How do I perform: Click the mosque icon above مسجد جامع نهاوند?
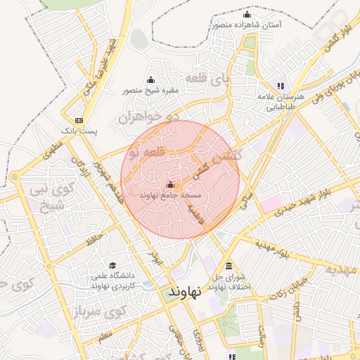(170, 185)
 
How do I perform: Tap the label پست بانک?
(79, 131)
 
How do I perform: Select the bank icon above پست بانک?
(79, 120)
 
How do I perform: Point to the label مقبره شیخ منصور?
(151, 90)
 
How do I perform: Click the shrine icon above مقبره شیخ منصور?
(150, 79)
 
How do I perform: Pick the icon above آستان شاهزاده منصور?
(246, 15)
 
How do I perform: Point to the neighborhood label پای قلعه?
(206, 79)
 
